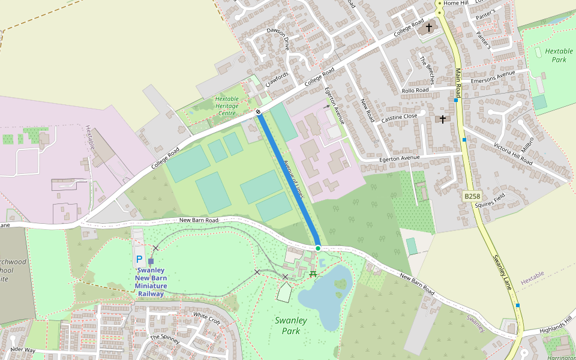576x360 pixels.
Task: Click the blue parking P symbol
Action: coord(139,259)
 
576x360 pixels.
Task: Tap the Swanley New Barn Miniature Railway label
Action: coord(151,282)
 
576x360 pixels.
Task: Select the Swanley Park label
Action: coord(291,325)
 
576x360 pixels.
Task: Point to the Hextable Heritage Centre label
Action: coord(226,106)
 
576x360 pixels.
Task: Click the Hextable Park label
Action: coord(559,55)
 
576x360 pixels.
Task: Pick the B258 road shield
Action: coord(472,196)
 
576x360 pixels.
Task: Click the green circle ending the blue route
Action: coord(318,248)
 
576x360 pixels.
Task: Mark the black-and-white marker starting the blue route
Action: coord(258,112)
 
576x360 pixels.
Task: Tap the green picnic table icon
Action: coord(313,274)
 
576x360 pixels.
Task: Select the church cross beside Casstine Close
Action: coord(443,119)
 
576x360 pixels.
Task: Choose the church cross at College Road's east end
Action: coord(428,27)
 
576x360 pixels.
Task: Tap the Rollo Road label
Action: coord(415,91)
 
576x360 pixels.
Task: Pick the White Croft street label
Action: coord(206,318)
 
